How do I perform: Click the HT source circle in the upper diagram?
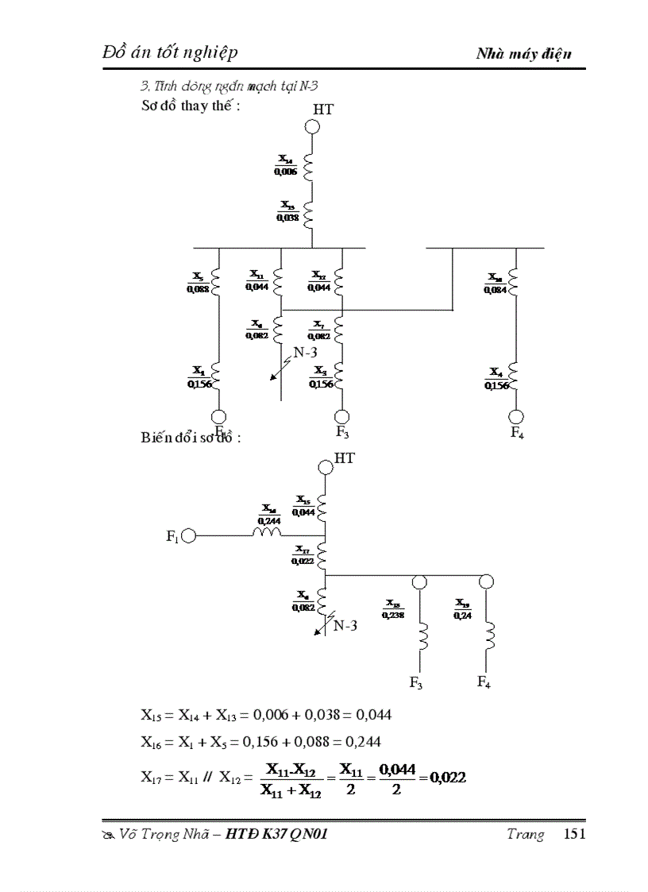pyautogui.click(x=313, y=125)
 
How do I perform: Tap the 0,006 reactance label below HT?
pyautogui.click(x=286, y=171)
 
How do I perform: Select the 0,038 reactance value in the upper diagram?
pyautogui.click(x=287, y=217)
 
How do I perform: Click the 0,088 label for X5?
pyautogui.click(x=198, y=289)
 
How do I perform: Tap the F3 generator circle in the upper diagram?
pyautogui.click(x=341, y=416)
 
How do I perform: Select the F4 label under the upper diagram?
pyautogui.click(x=517, y=434)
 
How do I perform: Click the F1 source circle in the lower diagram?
pyautogui.click(x=188, y=536)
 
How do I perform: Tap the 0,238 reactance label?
pyautogui.click(x=393, y=614)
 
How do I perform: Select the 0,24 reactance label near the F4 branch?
pyautogui.click(x=461, y=614)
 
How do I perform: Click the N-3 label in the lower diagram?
pyautogui.click(x=344, y=625)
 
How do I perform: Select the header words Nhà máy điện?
pyautogui.click(x=523, y=54)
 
